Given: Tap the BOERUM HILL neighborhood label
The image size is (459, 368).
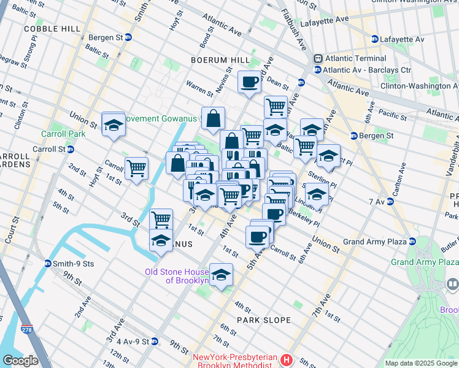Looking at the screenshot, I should click(x=220, y=60).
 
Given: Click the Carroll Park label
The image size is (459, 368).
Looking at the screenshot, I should click(x=62, y=134).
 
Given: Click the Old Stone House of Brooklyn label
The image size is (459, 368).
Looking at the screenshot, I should click(x=176, y=276).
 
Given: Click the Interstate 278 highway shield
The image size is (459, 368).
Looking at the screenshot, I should click(x=26, y=329).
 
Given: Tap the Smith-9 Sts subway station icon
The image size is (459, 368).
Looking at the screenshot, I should click(x=48, y=264).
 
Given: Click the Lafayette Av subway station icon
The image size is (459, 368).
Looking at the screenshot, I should click(x=375, y=39).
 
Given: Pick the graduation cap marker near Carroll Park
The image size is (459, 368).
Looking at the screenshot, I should click(x=114, y=125).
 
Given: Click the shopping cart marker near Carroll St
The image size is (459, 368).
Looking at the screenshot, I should click(x=136, y=167).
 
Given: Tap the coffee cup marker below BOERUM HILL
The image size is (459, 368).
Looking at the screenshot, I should click(x=250, y=82).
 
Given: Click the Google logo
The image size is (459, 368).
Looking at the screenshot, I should click(x=21, y=361).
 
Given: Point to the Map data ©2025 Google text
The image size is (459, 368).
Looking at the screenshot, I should click(x=420, y=363).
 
